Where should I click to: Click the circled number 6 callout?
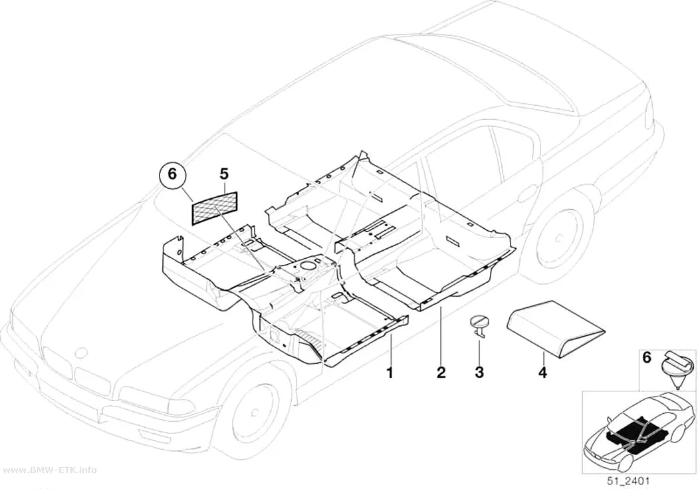click(172, 174)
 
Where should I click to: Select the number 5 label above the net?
click(223, 174)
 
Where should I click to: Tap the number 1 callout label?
click(390, 373)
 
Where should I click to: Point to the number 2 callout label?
click(441, 373)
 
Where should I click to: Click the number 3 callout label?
click(479, 373)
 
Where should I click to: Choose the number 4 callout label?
click(542, 373)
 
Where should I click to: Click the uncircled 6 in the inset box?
click(647, 357)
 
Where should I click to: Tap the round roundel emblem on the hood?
click(82, 353)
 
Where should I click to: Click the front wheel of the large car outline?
click(255, 412)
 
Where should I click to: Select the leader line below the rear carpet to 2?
click(440, 336)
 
